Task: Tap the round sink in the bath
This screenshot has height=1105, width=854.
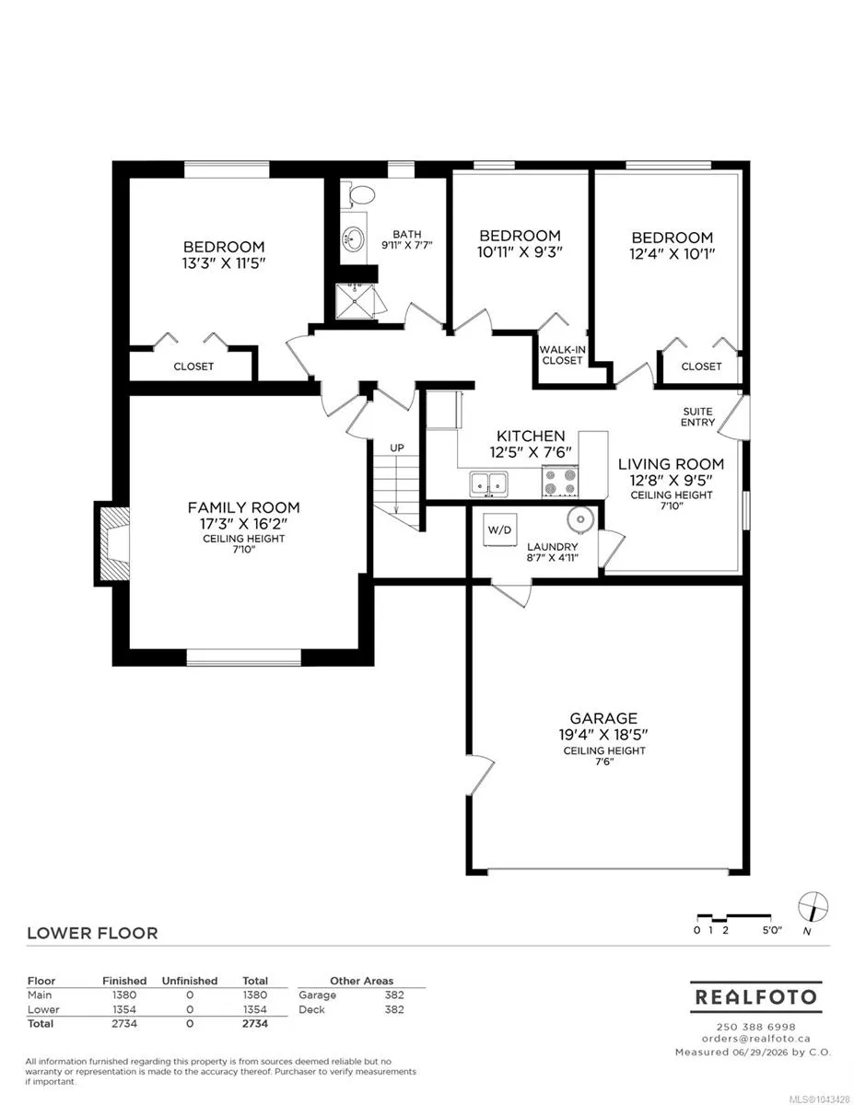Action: click(x=354, y=238)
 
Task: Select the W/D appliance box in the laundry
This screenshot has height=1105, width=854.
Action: click(x=499, y=529)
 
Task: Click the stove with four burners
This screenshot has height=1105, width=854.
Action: click(x=559, y=481)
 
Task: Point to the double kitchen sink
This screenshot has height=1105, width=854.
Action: click(x=488, y=483)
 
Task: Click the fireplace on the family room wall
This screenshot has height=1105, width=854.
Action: click(x=111, y=544)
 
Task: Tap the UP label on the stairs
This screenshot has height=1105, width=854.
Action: click(x=397, y=448)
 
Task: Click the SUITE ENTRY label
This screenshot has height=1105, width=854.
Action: click(x=697, y=416)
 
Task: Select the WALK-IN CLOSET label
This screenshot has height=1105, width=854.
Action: click(x=562, y=355)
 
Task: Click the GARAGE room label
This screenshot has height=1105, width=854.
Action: click(x=603, y=718)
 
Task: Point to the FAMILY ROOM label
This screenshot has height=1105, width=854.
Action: click(x=243, y=507)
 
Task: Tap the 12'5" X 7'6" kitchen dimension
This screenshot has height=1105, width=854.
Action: click(x=531, y=452)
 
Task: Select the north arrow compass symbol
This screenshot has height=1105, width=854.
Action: click(x=813, y=907)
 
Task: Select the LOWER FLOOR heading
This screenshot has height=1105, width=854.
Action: click(x=92, y=933)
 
